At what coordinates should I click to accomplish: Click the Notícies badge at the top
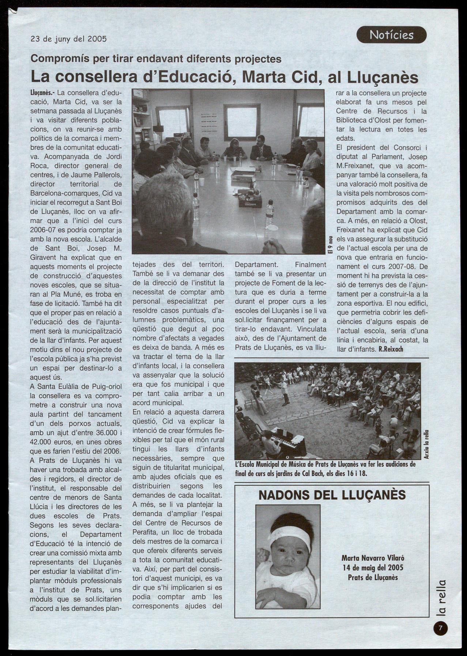click(x=391, y=35)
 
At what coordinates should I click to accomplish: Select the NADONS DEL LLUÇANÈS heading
click(x=332, y=495)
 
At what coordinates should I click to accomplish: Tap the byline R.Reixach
click(x=391, y=349)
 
